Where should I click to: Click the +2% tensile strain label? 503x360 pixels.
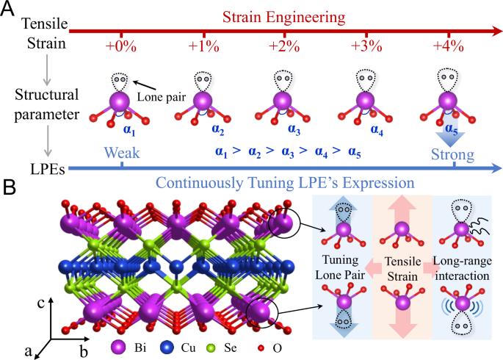284,46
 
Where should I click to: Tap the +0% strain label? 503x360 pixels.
120,46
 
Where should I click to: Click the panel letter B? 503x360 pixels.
9,187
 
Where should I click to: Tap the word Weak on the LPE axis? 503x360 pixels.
121,154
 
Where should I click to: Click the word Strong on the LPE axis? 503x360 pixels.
453,154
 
